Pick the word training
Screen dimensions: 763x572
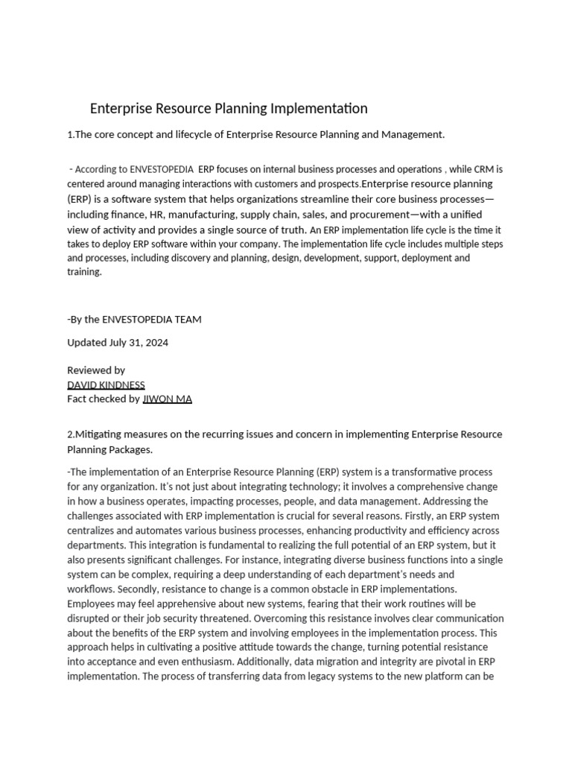tap(84, 272)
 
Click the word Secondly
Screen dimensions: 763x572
tap(89, 589)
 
